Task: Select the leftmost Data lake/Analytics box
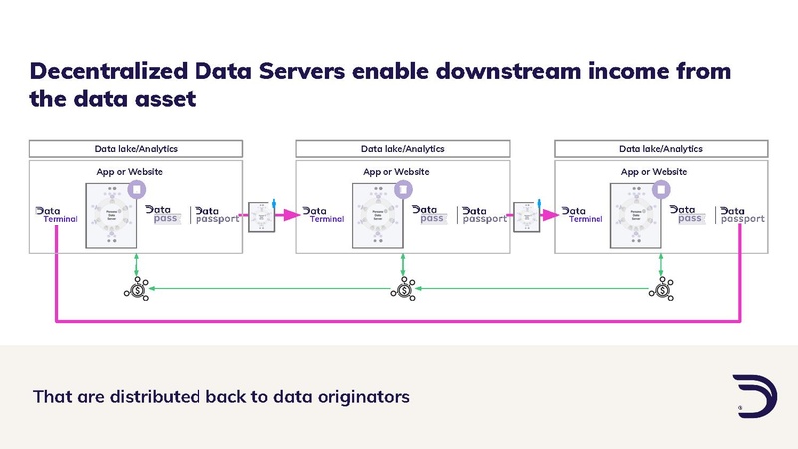coord(136,149)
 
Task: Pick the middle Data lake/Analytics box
coord(402,149)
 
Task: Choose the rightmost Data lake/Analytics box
coord(660,149)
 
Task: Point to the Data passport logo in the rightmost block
coord(742,215)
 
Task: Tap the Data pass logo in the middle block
coord(431,215)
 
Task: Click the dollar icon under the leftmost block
coord(137,290)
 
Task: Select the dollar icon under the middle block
coord(403,290)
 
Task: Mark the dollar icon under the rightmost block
coord(660,290)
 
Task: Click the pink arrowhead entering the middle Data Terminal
coord(292,214)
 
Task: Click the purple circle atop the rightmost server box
coord(662,188)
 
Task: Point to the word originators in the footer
coord(361,396)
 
